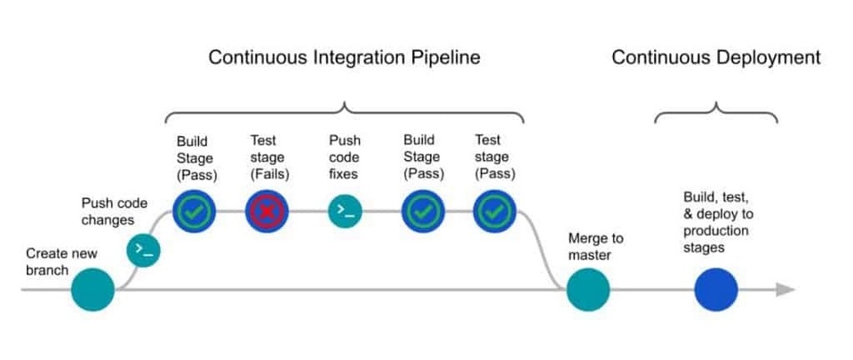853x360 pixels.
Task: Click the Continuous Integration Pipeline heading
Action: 344,58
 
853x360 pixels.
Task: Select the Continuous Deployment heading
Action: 715,58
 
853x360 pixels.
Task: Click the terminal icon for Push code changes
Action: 143,251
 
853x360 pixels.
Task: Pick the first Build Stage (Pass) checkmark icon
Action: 195,211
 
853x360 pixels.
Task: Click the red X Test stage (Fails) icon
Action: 268,211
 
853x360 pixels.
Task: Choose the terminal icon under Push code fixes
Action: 345,211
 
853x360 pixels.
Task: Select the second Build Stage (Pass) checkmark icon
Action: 423,211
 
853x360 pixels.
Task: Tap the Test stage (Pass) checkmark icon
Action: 494,211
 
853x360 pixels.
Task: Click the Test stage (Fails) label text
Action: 267,156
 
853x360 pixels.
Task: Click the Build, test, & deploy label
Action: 716,221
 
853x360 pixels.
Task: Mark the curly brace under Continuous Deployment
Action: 716,113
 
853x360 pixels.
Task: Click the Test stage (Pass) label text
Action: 494,156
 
